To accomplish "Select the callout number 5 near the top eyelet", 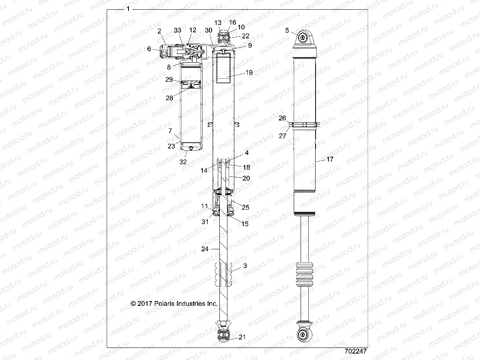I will [x=287, y=30].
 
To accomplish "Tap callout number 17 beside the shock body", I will [x=330, y=160].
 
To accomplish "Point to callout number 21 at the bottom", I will [x=242, y=337].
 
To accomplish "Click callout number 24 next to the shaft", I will [x=205, y=249].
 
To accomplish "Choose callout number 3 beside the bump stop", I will [x=244, y=266].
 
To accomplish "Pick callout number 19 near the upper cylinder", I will [x=249, y=73].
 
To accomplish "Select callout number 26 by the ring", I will [x=282, y=118].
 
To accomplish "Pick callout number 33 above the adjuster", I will [x=178, y=30].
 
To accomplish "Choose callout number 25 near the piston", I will [x=245, y=207].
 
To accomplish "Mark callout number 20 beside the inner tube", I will [x=246, y=178].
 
